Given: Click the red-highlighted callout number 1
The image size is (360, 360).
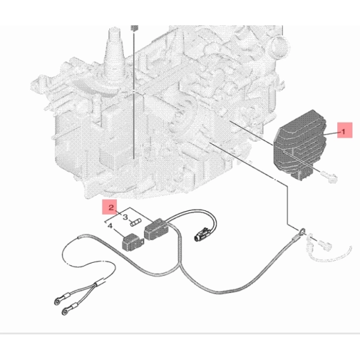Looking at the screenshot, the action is (x=344, y=132).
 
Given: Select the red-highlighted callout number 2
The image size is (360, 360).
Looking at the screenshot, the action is (x=111, y=208).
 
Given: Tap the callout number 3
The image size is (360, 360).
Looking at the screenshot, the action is (x=125, y=217).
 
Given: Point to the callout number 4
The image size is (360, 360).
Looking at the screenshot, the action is (x=110, y=226).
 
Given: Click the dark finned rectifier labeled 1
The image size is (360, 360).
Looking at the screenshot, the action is (x=299, y=141).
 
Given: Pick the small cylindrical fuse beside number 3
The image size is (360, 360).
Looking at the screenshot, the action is (x=135, y=222).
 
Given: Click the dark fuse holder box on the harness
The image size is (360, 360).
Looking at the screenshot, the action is (x=156, y=230).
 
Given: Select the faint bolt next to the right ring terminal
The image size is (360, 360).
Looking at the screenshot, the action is (x=325, y=246).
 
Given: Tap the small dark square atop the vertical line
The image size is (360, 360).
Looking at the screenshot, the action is (x=135, y=28).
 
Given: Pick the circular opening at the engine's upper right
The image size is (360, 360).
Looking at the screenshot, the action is (x=279, y=47).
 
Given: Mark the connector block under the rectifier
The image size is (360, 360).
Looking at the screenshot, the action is (x=303, y=173).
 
